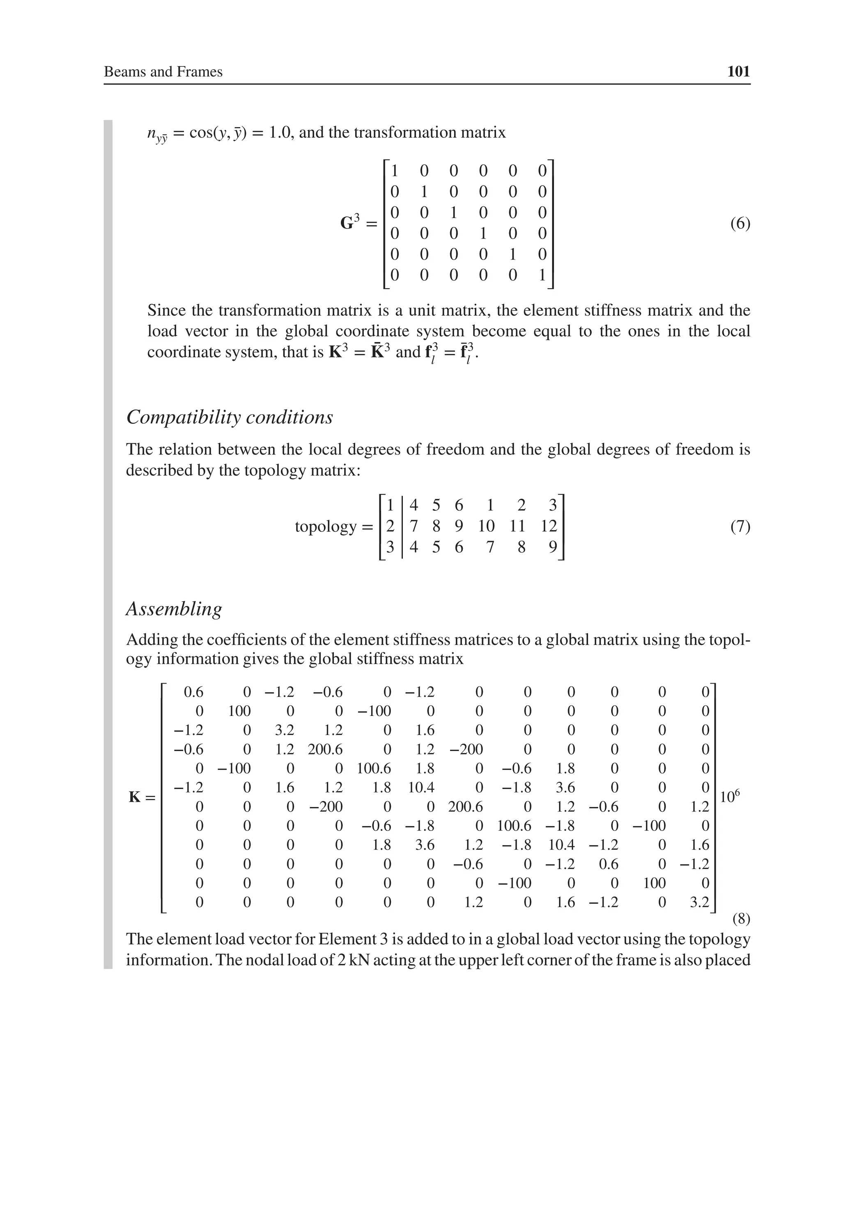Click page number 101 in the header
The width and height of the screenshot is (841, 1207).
coord(738,71)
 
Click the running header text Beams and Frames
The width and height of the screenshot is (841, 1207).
coord(163,71)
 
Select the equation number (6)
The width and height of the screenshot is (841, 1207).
coord(740,223)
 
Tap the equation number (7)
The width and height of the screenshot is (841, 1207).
coord(740,526)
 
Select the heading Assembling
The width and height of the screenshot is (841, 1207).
coord(174,608)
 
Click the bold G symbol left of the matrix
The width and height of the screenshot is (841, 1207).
coord(347,223)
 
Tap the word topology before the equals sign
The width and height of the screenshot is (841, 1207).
coord(326,526)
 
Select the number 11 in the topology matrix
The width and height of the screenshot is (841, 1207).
coord(518,526)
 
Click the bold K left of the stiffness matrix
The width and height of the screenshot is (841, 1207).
coord(136,797)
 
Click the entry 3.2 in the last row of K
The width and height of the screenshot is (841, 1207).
coord(699,903)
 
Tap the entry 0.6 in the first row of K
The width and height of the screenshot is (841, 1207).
coord(193,692)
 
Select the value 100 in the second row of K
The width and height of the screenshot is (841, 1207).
coord(239,711)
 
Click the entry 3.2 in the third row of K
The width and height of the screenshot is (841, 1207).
coord(285,730)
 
